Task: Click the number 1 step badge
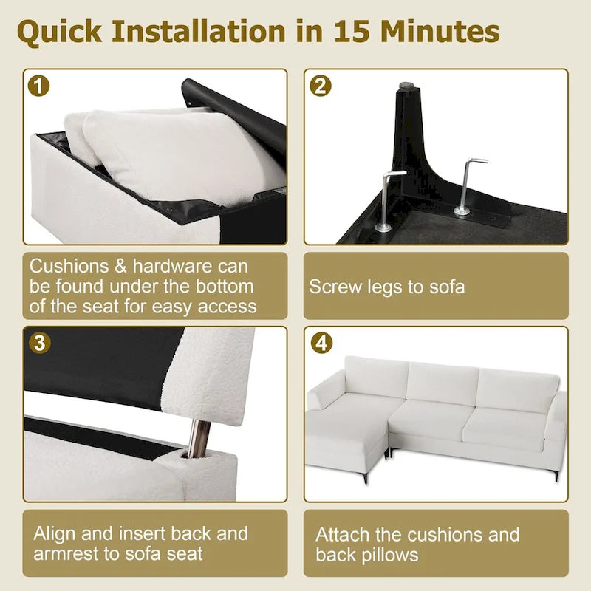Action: click(39, 86)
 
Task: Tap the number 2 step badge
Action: click(321, 86)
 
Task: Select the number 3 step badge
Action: click(40, 343)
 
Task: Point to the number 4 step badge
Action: click(321, 343)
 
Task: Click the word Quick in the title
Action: click(60, 32)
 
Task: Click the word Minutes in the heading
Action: click(440, 31)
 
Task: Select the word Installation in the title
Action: click(199, 31)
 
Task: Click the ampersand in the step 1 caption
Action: click(120, 267)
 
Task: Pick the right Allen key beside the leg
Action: click(468, 187)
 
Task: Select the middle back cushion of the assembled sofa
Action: click(443, 385)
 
